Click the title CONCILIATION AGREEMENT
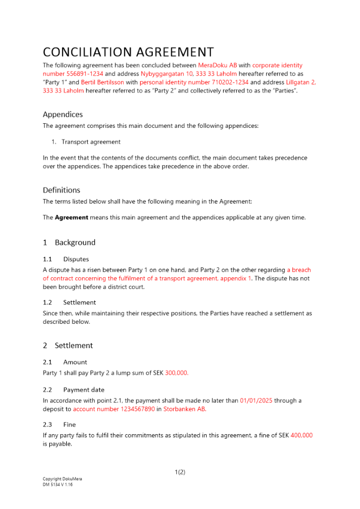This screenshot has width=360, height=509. [128, 52]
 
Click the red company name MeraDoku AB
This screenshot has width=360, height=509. [217, 65]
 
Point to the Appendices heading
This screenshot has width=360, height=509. [63, 115]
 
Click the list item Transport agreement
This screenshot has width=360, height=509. [91, 142]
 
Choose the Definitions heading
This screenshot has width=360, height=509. [62, 190]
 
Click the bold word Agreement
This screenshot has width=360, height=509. [71, 217]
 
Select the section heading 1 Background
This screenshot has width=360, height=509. [69, 242]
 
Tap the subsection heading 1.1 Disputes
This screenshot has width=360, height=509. [66, 259]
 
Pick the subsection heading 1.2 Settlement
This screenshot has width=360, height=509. [69, 302]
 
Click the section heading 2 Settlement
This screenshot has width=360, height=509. [68, 346]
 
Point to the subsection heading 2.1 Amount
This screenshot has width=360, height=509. [65, 362]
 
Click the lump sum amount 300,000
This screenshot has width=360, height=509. [177, 373]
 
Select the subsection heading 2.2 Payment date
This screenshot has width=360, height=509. [74, 390]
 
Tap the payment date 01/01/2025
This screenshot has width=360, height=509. [257, 401]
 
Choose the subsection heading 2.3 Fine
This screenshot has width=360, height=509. [60, 425]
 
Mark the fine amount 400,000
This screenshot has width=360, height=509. [301, 435]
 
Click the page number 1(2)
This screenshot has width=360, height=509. [180, 472]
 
